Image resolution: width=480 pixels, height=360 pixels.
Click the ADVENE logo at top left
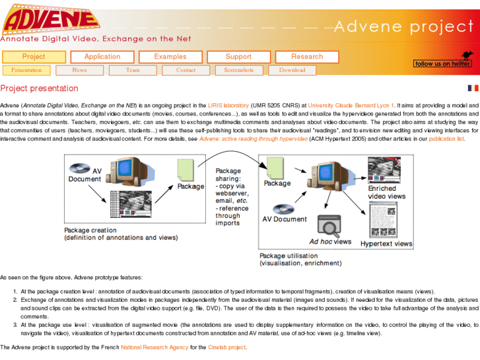[x=48, y=18]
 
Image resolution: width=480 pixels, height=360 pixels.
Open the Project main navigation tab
[x=34, y=57]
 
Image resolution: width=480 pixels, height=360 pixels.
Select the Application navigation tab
[x=102, y=57]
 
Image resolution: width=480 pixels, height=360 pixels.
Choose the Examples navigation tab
[x=170, y=57]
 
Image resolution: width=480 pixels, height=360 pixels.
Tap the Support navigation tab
[x=238, y=57]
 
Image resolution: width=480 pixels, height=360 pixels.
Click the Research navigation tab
[x=307, y=57]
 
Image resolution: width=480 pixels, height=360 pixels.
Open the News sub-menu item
[x=79, y=70]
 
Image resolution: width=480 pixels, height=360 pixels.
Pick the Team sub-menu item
[x=133, y=70]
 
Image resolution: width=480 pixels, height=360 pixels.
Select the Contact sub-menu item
[x=186, y=70]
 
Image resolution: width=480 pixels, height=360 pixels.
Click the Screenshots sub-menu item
[x=238, y=70]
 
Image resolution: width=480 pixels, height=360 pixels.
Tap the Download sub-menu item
[x=292, y=70]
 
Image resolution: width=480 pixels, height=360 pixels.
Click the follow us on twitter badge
[x=442, y=60]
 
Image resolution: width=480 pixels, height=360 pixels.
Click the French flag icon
[x=473, y=88]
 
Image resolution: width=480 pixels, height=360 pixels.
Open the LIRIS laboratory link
[x=228, y=105]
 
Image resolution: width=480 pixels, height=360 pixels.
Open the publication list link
[x=446, y=139]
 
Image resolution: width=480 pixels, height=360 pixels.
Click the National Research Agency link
[x=154, y=347]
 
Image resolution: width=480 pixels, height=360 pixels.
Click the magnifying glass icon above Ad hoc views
[x=328, y=226]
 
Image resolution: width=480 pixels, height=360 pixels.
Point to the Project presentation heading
[x=39, y=89]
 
